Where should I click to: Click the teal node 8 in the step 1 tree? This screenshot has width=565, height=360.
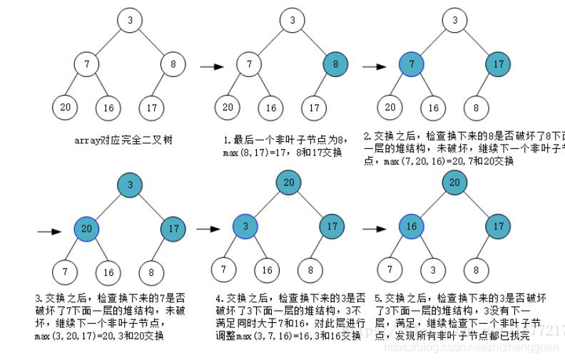pos(335,64)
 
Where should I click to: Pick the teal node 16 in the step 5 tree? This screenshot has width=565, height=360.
pos(411,227)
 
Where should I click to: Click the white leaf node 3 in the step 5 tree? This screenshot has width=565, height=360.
pos(432,270)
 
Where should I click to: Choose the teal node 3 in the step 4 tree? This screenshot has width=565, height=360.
pos(245,227)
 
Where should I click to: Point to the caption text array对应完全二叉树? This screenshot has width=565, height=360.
pos(123,140)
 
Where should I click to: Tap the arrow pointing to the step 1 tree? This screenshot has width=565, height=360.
pos(212,68)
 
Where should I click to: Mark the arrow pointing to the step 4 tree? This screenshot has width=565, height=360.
pos(208,229)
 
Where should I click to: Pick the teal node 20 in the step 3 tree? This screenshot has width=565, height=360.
pos(86,228)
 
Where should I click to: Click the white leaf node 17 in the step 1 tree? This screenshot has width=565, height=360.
pos(312,108)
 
